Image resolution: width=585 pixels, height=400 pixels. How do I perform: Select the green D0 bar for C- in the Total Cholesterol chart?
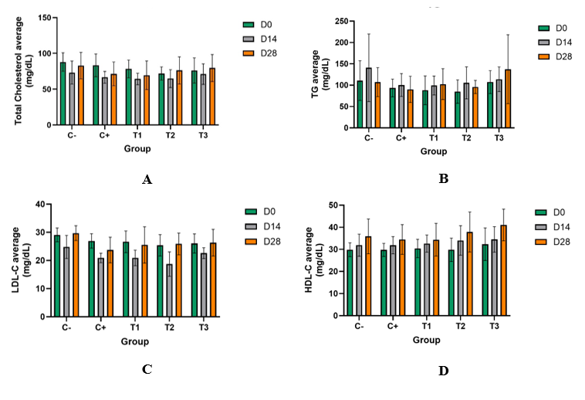63,93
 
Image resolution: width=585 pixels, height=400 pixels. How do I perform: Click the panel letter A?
147,179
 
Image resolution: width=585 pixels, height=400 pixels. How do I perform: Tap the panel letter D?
443,371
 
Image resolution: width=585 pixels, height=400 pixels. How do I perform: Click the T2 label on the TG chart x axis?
466,138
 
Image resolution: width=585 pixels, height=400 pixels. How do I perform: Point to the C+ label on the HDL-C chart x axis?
393,327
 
